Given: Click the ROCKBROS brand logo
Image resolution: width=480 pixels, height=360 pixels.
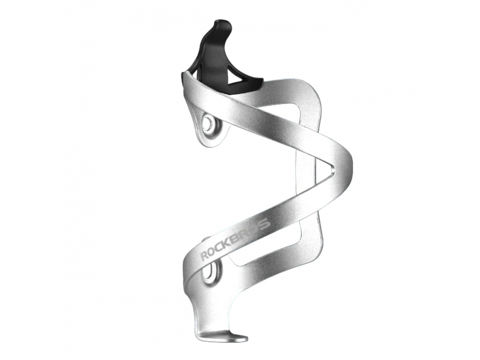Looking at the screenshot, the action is click(235, 238).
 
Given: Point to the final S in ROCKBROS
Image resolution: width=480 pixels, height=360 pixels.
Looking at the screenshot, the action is click(266, 223).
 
